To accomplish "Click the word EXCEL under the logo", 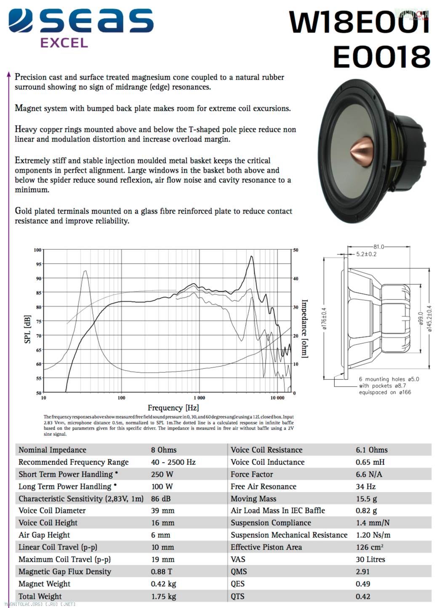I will pyautogui.click(x=64, y=43).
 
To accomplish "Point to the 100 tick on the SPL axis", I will pyautogui.click(x=38, y=250).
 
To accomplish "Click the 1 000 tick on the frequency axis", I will pyautogui.click(x=199, y=398).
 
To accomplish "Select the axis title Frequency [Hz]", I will pyautogui.click(x=173, y=408).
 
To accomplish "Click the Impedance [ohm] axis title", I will pyautogui.click(x=305, y=328).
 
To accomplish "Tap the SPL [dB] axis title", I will pyautogui.click(x=27, y=329).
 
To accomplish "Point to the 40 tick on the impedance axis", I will pyautogui.click(x=296, y=279).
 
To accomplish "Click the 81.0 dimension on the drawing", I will pyautogui.click(x=378, y=247).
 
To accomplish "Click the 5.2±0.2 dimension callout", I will pyautogui.click(x=366, y=254).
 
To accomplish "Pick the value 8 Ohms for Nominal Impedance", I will pyautogui.click(x=164, y=450).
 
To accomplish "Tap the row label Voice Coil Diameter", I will pyautogui.click(x=52, y=511).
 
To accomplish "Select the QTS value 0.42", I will pyautogui.click(x=363, y=596).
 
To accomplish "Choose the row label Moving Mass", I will pyautogui.click(x=253, y=499).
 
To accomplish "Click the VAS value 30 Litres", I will pyautogui.click(x=370, y=560).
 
